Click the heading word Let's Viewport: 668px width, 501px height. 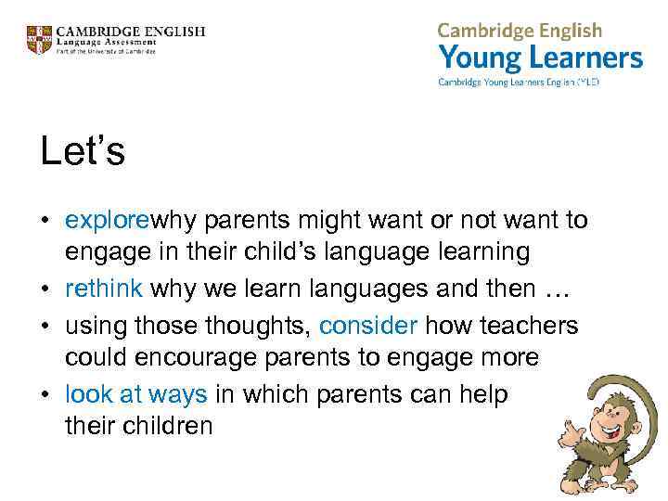point(83,151)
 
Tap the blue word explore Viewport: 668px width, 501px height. point(107,220)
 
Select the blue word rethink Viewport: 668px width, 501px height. point(103,288)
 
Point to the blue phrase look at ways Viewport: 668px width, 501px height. point(135,394)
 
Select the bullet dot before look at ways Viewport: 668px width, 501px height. point(46,395)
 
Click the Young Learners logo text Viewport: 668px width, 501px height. point(540,58)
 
